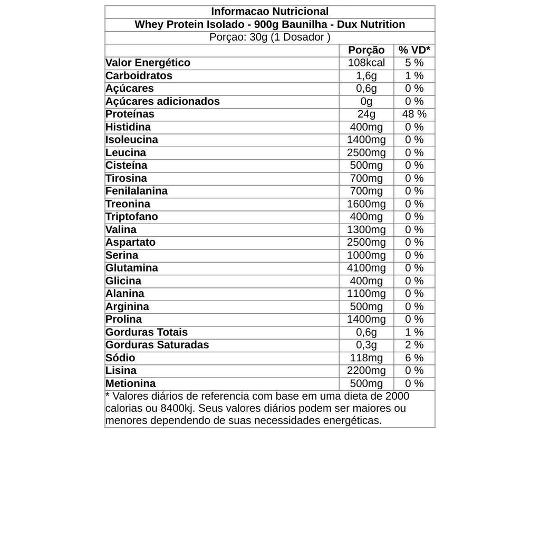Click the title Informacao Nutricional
269,12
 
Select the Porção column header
367,50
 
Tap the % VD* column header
414,50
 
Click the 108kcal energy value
367,63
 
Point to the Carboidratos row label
139,75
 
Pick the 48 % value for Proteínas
414,114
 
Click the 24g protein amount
367,114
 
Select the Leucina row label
126,152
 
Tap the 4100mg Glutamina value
367,268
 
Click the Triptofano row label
131,217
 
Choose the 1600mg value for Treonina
367,204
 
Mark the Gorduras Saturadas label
157,345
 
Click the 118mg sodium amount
367,358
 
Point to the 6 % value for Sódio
414,358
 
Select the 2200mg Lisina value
367,371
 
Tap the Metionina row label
130,383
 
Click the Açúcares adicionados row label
162,101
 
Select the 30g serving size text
258,37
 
